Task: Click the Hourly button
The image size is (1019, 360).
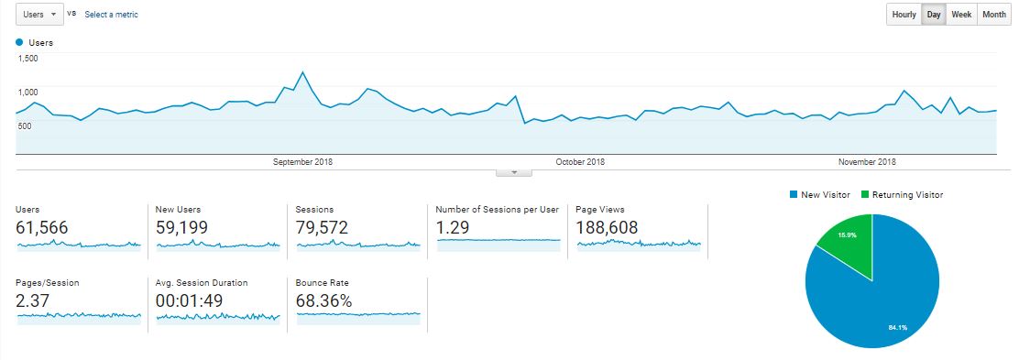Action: point(904,15)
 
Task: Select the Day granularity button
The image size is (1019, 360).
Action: point(934,15)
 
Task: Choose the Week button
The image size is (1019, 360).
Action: point(961,15)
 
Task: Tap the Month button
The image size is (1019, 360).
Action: point(994,15)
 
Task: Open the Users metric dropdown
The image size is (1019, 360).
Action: point(39,15)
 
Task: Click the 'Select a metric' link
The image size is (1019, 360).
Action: point(111,15)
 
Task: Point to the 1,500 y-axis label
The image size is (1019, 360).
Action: point(27,59)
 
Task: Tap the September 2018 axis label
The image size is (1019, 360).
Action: point(302,162)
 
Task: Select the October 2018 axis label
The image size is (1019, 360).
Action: point(580,162)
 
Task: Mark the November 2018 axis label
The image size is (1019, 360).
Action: point(867,162)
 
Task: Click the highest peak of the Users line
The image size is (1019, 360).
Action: point(302,71)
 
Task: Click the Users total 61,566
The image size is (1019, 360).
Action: point(41,227)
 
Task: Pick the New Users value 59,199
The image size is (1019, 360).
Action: point(182,227)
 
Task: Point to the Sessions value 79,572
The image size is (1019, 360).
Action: point(322,227)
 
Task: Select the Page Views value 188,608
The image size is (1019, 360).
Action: point(607,227)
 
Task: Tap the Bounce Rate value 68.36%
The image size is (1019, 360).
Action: point(323,300)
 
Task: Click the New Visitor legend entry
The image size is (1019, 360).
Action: point(820,195)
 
